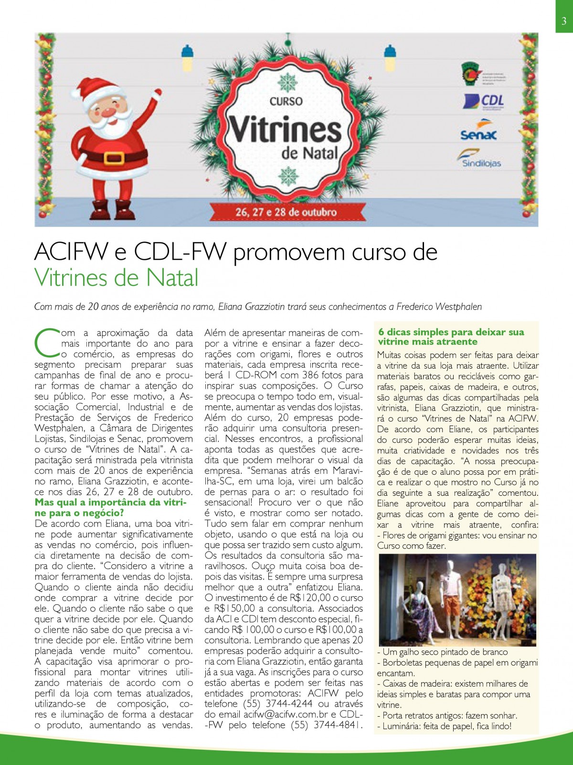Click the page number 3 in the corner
[x=564, y=21]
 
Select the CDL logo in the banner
[x=483, y=101]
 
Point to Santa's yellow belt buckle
[x=114, y=157]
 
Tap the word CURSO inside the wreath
[x=286, y=101]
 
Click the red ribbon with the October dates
[x=286, y=212]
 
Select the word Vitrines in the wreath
[x=286, y=130]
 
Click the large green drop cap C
[x=46, y=342]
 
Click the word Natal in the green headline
[x=172, y=278]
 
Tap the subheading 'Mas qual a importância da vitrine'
[x=110, y=503]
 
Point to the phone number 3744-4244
[x=289, y=704]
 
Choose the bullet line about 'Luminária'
[x=444, y=726]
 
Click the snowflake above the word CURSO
[x=287, y=83]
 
